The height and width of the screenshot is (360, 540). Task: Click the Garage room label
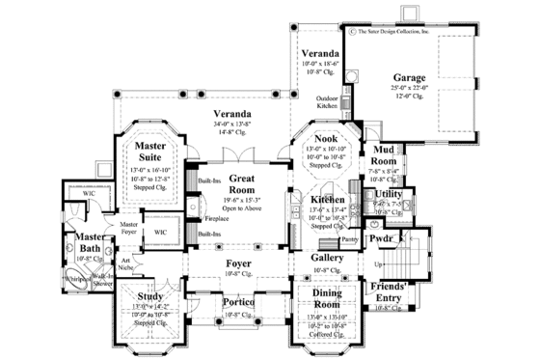(410, 77)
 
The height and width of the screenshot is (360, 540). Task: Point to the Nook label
(324, 139)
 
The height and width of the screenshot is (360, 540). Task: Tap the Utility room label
(390, 194)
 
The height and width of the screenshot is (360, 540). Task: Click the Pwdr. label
(378, 235)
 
